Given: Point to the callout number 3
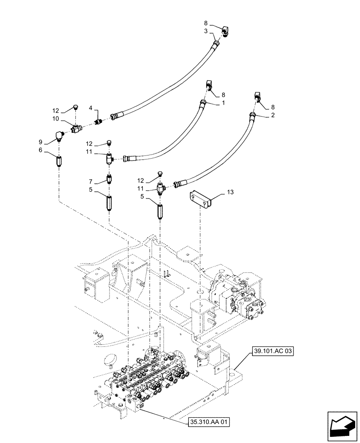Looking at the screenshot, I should point(206,32).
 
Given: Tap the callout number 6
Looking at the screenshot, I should point(41,151).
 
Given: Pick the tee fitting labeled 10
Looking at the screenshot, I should point(76,128).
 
